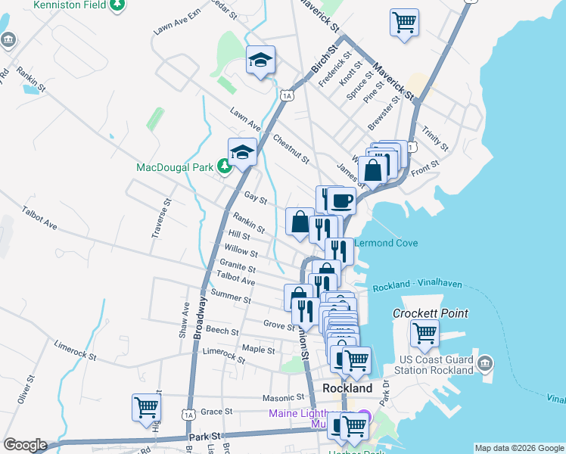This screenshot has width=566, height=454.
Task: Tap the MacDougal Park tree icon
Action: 225,166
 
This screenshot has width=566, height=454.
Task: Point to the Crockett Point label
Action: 430,313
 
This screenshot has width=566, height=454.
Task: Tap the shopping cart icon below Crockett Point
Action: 424,331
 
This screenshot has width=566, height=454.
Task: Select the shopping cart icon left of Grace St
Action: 146,406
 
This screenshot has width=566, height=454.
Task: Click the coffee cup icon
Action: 341,201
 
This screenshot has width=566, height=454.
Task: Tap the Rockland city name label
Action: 347,387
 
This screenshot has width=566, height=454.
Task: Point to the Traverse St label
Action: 163,218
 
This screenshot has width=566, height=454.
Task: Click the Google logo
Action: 25,445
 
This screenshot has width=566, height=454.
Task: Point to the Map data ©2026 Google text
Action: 519,448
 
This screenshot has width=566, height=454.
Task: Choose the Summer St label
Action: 231,297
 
